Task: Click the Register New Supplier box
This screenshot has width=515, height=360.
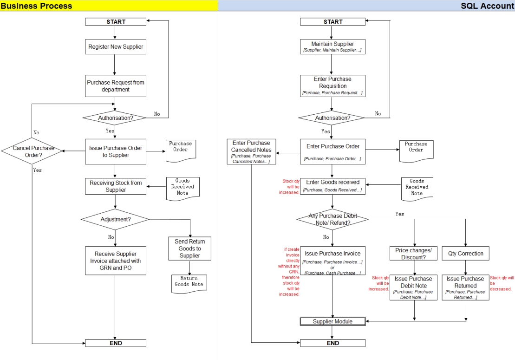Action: click(116, 47)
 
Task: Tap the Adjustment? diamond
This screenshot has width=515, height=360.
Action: click(115, 219)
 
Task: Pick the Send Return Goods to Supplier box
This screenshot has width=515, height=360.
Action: click(189, 249)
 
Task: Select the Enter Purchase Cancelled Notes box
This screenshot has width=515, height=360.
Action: click(251, 152)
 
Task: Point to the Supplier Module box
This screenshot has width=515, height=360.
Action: click(332, 321)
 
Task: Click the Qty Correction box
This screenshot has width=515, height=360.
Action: click(465, 254)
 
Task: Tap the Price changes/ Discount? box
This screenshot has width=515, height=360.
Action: click(413, 254)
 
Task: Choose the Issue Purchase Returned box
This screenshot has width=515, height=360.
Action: click(465, 288)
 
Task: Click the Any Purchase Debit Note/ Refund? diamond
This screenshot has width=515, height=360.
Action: click(332, 219)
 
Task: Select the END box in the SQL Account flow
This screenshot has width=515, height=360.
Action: click(332, 343)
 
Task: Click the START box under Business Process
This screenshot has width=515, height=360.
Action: click(116, 22)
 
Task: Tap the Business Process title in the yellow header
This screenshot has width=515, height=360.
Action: click(37, 6)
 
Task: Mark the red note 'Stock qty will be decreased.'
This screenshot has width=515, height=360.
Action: click(502, 283)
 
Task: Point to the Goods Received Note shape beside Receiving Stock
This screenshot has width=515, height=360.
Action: click(183, 187)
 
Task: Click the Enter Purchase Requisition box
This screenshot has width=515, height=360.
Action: click(332, 86)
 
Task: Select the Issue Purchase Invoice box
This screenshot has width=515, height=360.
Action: click(332, 261)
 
